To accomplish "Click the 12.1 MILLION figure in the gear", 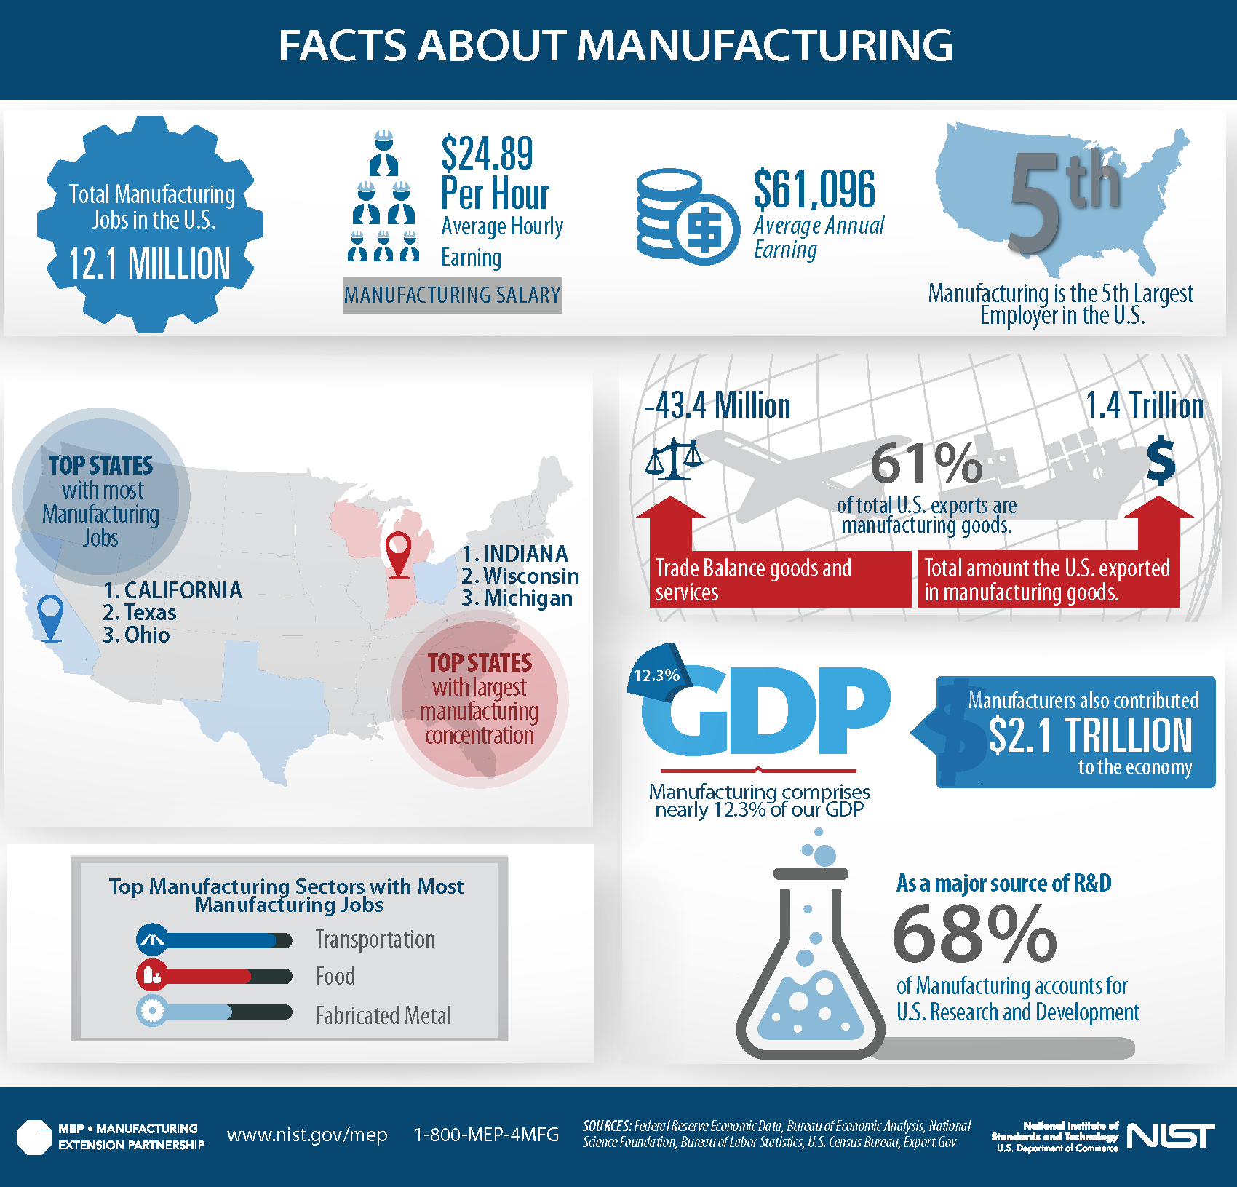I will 149,263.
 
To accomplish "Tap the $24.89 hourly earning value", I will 487,154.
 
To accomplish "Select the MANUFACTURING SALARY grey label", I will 452,295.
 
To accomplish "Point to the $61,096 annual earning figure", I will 814,189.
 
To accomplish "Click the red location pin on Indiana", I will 399,554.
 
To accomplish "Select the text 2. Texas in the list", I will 140,613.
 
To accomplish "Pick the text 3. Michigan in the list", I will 517,598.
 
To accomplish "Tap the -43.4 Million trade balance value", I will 717,405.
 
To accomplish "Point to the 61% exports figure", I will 926,464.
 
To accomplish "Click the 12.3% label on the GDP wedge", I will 656,675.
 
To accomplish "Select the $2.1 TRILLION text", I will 1090,735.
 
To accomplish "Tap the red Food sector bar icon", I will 152,975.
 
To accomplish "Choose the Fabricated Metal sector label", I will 383,1015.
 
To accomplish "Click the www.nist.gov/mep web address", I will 307,1135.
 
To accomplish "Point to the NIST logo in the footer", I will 1170,1135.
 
